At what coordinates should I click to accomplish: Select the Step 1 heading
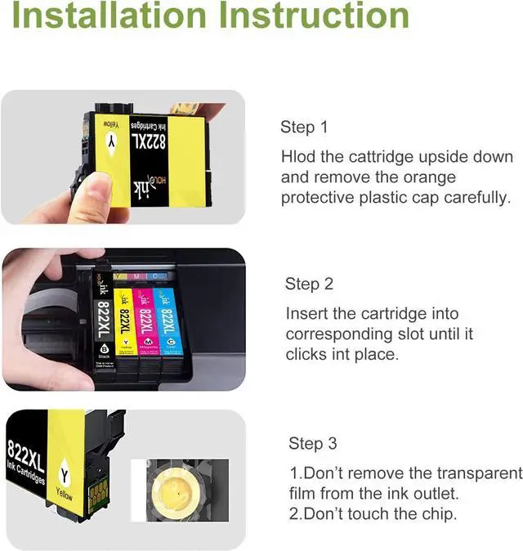(x=304, y=127)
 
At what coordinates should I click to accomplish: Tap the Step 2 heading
(x=309, y=284)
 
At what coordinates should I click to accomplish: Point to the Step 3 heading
(x=312, y=443)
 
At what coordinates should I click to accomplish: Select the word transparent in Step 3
(x=479, y=473)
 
